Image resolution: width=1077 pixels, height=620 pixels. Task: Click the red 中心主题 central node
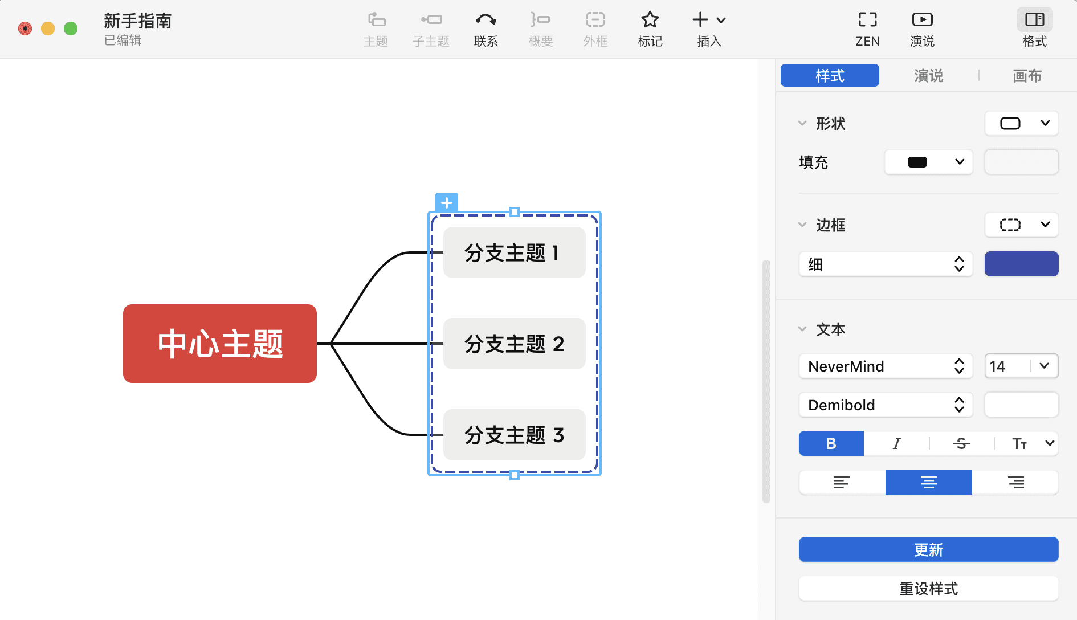(220, 344)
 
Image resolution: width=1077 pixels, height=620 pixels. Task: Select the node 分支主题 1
(514, 252)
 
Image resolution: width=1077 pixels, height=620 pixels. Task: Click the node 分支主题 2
(514, 344)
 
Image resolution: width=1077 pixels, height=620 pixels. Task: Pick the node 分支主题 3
(514, 435)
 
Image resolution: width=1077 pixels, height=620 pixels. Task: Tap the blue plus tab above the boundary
(447, 202)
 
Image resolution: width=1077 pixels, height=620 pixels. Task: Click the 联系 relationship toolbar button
(486, 29)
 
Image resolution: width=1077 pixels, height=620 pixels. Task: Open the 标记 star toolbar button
(650, 29)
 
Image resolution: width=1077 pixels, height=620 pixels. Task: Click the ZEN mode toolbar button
(867, 29)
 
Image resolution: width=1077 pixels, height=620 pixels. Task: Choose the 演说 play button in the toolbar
(922, 29)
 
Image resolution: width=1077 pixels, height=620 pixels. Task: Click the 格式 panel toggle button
(1034, 29)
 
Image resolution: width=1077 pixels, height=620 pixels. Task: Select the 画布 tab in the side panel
(1027, 76)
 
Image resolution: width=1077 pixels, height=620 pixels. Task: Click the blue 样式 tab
(830, 76)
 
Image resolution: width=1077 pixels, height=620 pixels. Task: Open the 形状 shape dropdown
(1021, 124)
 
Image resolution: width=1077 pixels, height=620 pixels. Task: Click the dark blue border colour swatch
(1021, 264)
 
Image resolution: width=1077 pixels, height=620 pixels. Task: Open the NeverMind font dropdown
(886, 366)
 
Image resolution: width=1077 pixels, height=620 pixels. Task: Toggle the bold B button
(831, 443)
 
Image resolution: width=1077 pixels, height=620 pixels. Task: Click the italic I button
(896, 443)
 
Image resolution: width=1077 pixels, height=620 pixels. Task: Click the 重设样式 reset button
(928, 589)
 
